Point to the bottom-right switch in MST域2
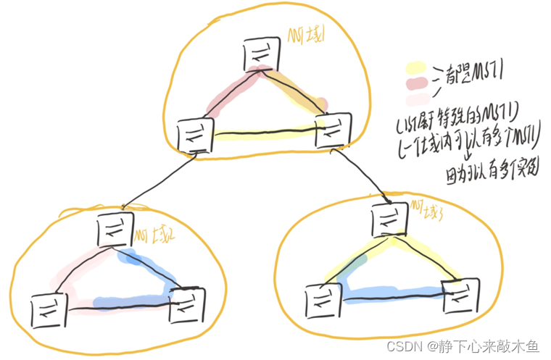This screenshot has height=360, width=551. pyautogui.click(x=187, y=305)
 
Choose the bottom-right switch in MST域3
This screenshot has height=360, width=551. pyautogui.click(x=460, y=294)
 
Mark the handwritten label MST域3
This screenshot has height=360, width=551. pyautogui.click(x=427, y=210)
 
